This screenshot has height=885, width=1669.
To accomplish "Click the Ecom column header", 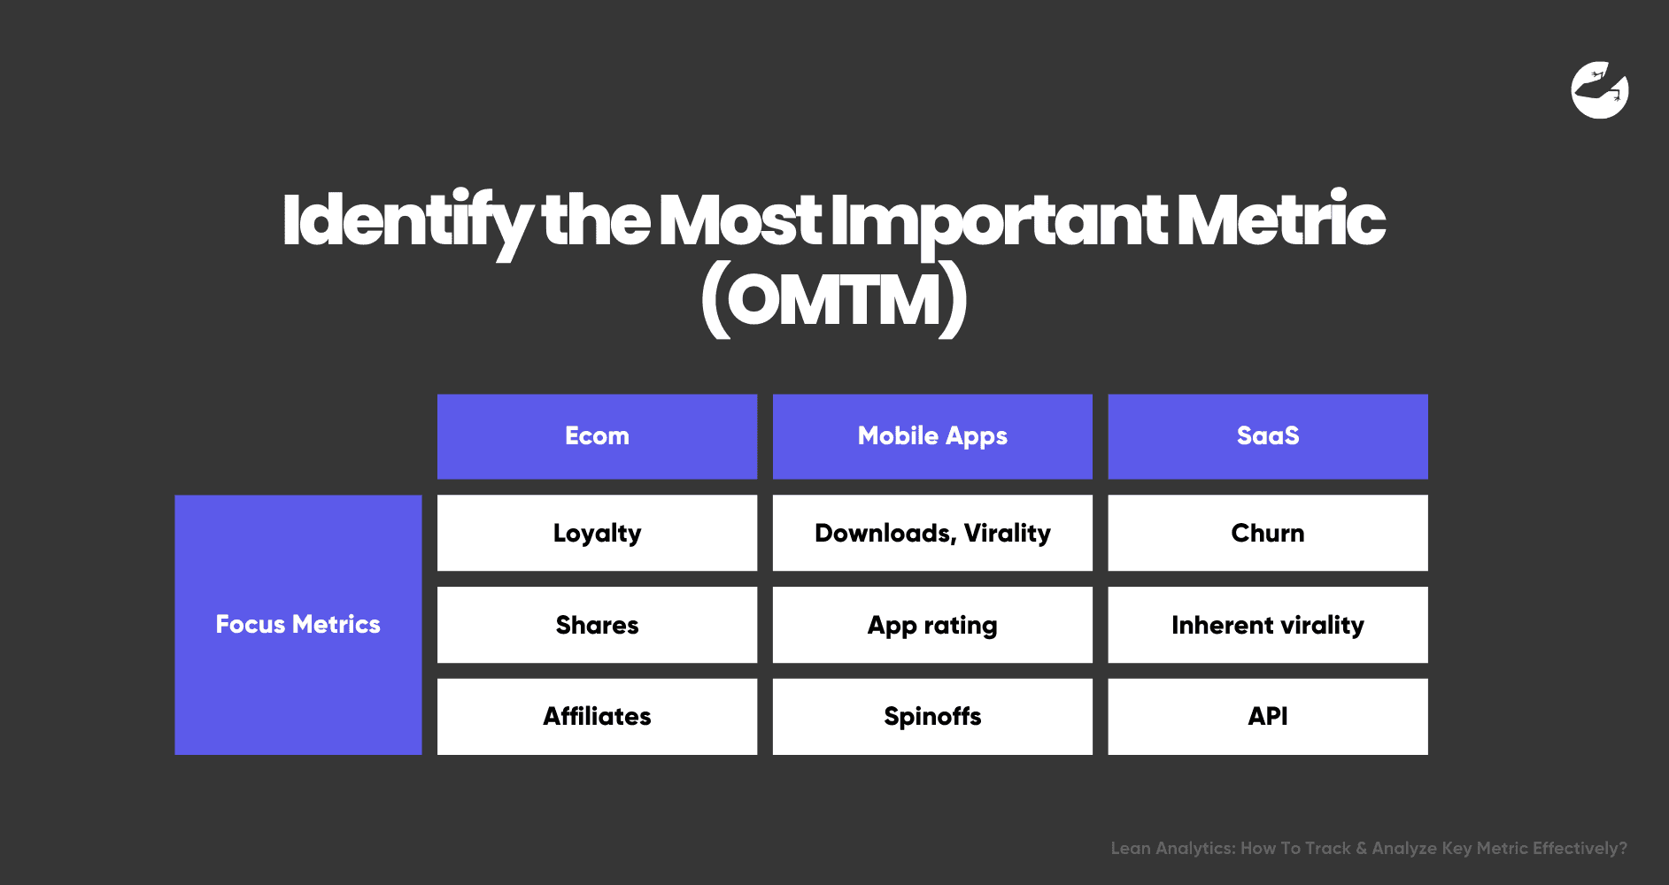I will pos(597,436).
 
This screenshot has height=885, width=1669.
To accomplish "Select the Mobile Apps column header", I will pos(932,436).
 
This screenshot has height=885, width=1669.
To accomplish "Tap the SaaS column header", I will pos(1267,436).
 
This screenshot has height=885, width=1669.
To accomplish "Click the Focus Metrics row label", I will pos(297,625).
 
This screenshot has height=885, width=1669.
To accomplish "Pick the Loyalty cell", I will pos(597,533).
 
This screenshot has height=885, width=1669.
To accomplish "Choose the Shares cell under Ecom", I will pos(597,625).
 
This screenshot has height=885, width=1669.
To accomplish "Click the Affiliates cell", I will pos(597,716).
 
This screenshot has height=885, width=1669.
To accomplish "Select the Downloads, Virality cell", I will pos(932,533).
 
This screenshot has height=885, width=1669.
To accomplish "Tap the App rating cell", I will pos(932,625).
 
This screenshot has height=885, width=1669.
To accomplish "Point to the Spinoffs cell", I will pos(932,716).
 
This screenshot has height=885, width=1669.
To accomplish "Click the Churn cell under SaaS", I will pos(1267,533).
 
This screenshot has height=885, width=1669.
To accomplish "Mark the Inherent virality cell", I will pos(1267,625).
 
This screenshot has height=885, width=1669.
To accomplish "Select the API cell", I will pos(1267,716).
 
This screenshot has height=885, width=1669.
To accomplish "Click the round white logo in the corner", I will pos(1599,89).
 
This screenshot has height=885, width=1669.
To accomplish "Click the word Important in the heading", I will pos(999,221).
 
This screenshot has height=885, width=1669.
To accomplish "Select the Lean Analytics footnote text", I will pos(1368,848).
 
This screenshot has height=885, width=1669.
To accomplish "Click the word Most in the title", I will pos(740,221).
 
